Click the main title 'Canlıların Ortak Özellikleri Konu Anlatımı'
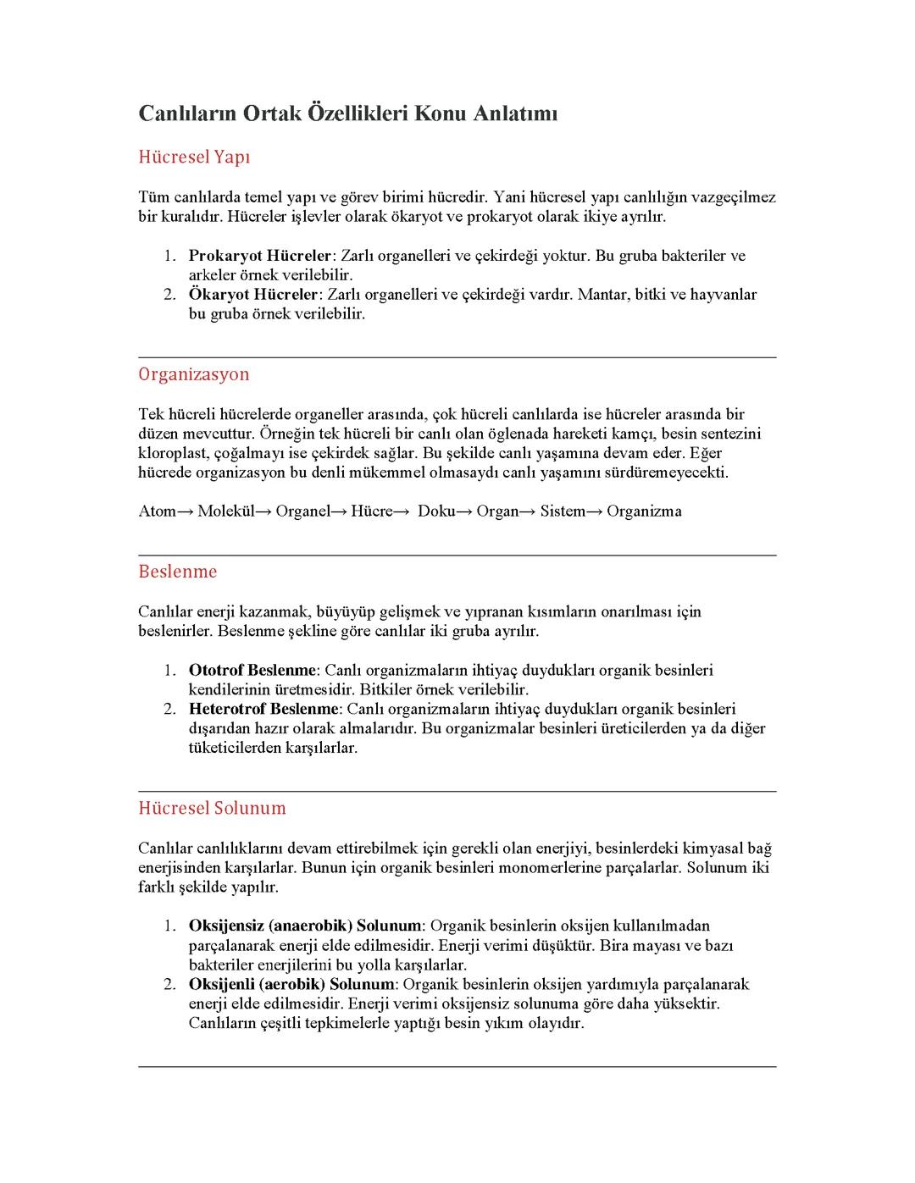tap(348, 113)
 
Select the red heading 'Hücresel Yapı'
tap(194, 158)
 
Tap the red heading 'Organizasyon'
tap(194, 374)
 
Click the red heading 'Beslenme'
tap(178, 572)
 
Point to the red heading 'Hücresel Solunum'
tap(212, 808)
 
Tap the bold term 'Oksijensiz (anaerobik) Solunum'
tap(304, 926)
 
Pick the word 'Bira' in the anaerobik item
tap(614, 945)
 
